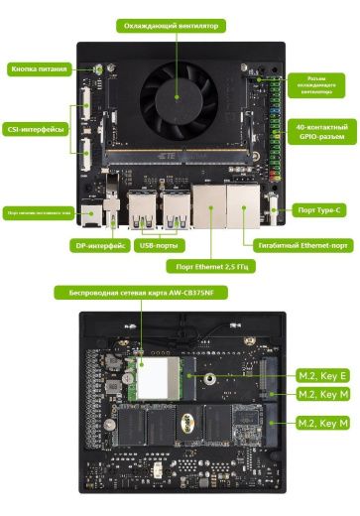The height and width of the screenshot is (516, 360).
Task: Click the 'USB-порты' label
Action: pyautogui.click(x=160, y=244)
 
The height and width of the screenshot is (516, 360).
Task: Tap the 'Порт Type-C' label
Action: pyautogui.click(x=320, y=210)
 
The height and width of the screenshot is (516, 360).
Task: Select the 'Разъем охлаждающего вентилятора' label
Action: pyautogui.click(x=323, y=85)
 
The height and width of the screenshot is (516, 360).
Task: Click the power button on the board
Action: pyautogui.click(x=98, y=69)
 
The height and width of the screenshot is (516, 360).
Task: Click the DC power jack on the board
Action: pyautogui.click(x=90, y=213)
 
